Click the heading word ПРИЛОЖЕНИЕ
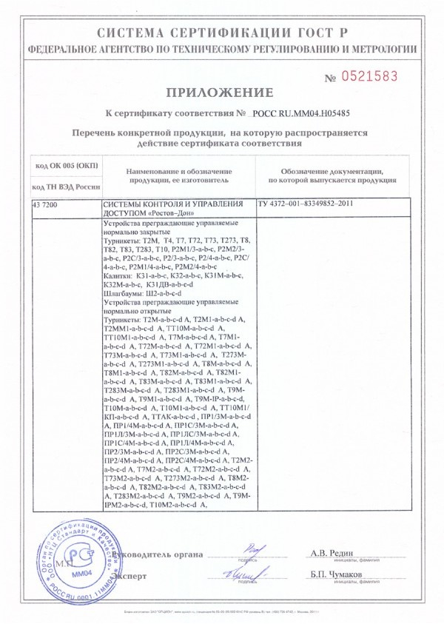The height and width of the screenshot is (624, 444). [x=221, y=93]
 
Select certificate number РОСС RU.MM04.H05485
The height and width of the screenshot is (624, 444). [x=306, y=115]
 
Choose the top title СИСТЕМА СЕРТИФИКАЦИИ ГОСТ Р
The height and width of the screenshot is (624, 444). [x=221, y=33]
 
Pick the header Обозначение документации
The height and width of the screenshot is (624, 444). [x=331, y=171]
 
